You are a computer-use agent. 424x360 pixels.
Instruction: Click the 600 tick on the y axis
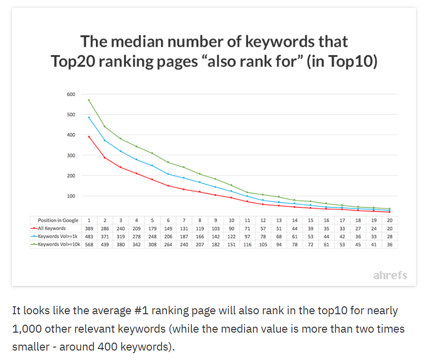click(71, 94)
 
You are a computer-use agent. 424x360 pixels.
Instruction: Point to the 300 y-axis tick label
click(71, 155)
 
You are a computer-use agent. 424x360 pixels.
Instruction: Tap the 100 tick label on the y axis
click(71, 196)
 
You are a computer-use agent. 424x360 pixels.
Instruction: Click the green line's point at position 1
click(88, 100)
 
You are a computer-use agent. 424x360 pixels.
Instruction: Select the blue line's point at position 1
click(88, 117)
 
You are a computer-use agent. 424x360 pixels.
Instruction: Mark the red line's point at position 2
click(105, 158)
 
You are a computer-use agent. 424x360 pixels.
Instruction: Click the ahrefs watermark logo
click(390, 275)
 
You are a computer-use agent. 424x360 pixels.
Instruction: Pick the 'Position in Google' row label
click(58, 220)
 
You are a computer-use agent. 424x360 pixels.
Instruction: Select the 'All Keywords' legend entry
click(48, 228)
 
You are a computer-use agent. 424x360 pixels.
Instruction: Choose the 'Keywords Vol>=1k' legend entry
click(54, 236)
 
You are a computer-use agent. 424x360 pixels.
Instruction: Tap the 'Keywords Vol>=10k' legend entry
click(56, 244)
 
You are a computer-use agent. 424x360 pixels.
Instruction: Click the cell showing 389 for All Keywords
click(89, 229)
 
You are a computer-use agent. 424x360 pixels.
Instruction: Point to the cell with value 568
click(89, 245)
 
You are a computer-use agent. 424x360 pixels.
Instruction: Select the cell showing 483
click(89, 236)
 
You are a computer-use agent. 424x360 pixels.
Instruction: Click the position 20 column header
click(390, 220)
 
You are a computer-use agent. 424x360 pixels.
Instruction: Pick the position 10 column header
click(232, 220)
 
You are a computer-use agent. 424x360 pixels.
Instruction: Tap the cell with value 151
click(232, 245)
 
